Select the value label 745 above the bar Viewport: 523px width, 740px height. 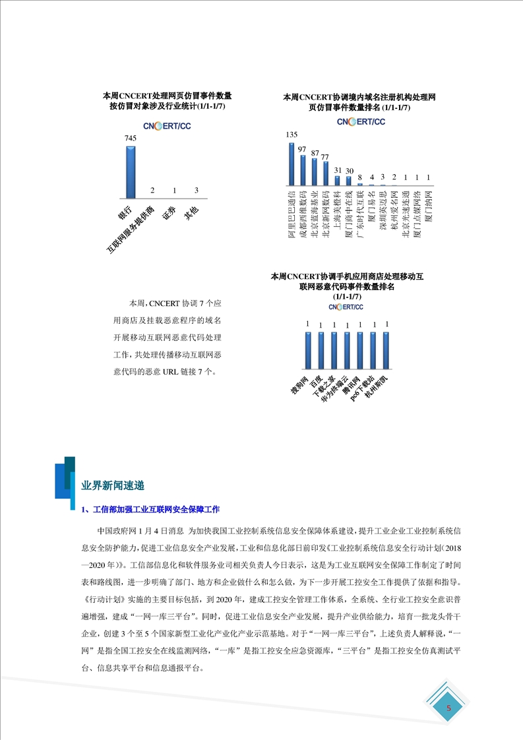pos(131,139)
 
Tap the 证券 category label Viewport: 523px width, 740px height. pos(169,213)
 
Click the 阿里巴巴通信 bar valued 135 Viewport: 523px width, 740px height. pos(292,165)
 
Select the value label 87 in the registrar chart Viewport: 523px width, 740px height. pos(315,153)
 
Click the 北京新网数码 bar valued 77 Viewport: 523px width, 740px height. pos(326,173)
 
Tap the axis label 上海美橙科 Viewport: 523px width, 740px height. pos(337,214)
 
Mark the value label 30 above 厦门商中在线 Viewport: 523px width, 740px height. pos(349,171)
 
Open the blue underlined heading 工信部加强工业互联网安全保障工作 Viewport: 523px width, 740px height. pos(155,510)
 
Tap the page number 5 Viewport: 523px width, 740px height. pos(449,708)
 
